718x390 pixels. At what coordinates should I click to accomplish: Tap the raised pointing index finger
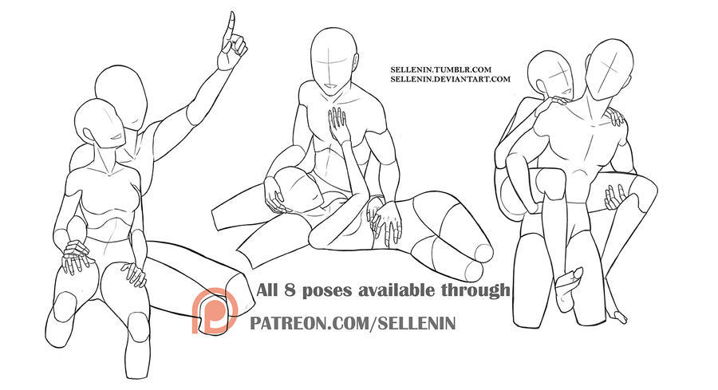coord(230,27)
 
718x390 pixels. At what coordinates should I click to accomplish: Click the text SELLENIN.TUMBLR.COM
coord(440,69)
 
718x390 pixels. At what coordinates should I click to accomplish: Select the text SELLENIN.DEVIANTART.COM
coord(450,79)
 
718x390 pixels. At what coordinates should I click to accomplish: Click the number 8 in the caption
coord(290,290)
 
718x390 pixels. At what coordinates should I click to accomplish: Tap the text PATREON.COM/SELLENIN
coord(353,323)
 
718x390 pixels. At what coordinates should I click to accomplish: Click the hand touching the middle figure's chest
coord(338,124)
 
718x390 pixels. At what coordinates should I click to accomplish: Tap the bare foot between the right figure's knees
coord(568,287)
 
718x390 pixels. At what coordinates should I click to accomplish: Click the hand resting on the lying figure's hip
coord(387,221)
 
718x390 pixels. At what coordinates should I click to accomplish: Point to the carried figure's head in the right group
coord(550,75)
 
